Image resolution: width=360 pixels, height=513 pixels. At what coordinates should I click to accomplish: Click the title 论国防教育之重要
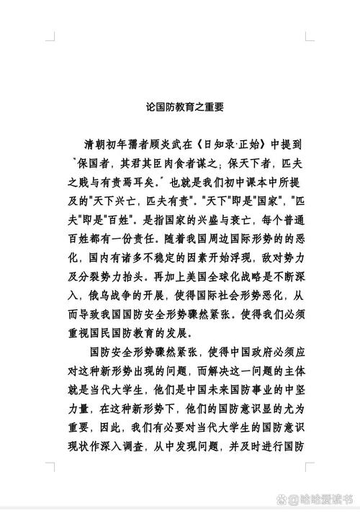click(x=180, y=107)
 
